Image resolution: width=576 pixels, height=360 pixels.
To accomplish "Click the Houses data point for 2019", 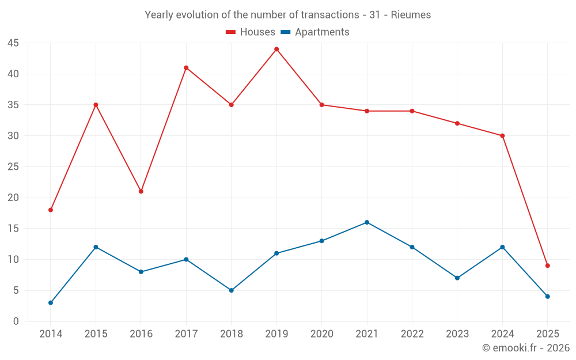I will click(x=276, y=49).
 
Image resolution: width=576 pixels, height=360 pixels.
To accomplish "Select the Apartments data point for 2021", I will click(x=367, y=222).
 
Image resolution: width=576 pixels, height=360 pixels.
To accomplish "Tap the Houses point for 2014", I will click(x=51, y=210).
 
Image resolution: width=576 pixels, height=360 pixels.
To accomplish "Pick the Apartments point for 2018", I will click(x=232, y=290).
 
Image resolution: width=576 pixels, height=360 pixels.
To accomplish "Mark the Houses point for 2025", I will click(x=548, y=266).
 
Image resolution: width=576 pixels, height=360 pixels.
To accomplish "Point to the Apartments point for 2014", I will click(x=51, y=302).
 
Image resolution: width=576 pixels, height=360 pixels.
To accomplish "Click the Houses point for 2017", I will click(x=186, y=67).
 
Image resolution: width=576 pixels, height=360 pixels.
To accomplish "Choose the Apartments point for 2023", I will click(x=457, y=278).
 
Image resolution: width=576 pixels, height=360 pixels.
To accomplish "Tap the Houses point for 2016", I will click(x=141, y=191).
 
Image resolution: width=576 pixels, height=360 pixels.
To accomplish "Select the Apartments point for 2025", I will click(x=548, y=297).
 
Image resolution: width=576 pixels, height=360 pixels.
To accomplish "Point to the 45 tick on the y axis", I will click(x=13, y=43).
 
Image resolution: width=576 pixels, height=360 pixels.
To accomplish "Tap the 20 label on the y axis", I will click(x=13, y=198).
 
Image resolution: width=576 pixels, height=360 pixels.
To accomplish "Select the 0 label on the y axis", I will click(x=16, y=321).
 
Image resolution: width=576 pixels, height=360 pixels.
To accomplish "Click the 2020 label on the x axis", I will click(x=321, y=334).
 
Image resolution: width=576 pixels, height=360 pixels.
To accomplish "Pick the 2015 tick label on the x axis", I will click(x=96, y=334).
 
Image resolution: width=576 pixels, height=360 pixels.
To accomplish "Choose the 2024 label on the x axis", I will click(x=502, y=334).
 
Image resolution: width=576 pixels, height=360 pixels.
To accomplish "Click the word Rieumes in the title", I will click(x=411, y=15).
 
